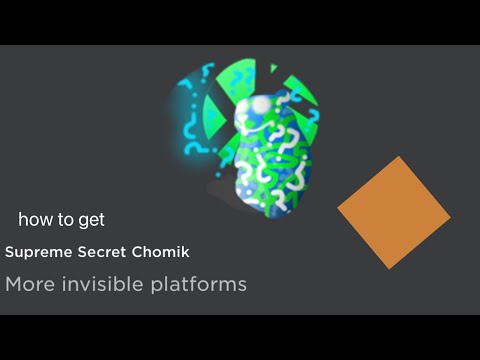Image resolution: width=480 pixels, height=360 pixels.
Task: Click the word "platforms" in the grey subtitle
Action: pyautogui.click(x=196, y=285)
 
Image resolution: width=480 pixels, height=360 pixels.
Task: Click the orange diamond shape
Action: pyautogui.click(x=394, y=213)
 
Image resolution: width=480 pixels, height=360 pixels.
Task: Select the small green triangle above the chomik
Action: pyautogui.click(x=271, y=69)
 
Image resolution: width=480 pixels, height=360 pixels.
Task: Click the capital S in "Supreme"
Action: pyautogui.click(x=9, y=251)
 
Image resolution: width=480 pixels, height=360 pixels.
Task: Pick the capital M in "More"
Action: pyautogui.click(x=14, y=284)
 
